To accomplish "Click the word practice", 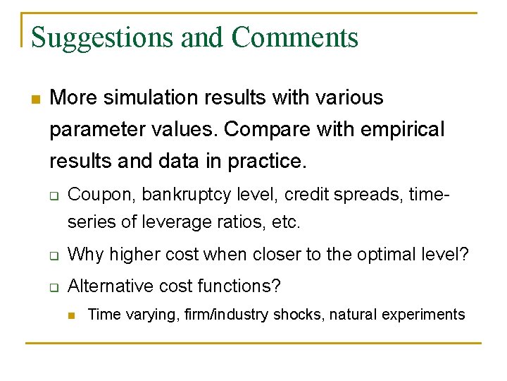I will [268, 162].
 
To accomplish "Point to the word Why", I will [82, 254].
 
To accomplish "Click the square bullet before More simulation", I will [36, 98].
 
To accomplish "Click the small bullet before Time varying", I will [73, 315].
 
